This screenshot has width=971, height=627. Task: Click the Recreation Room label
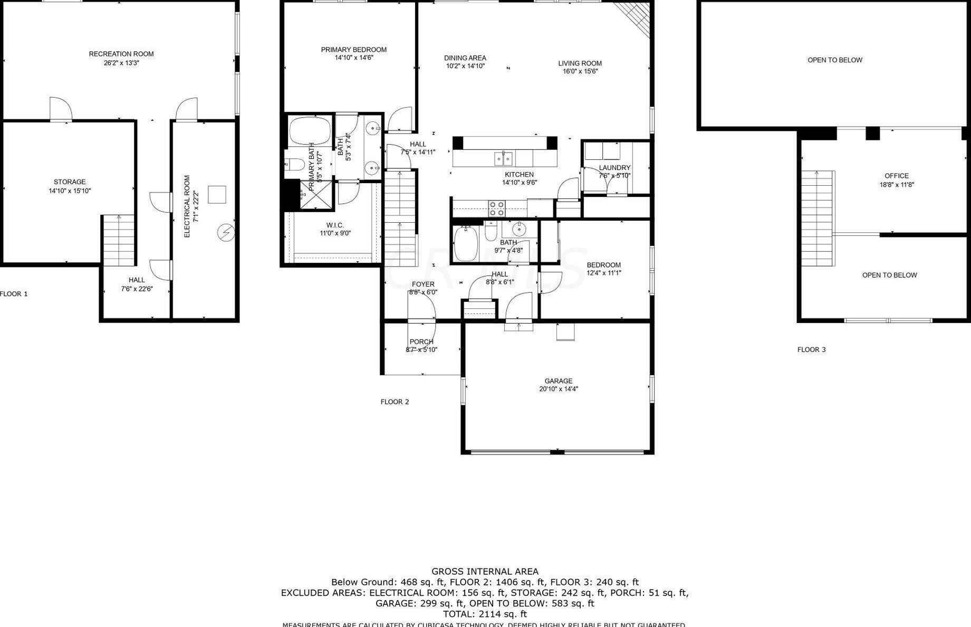(121, 54)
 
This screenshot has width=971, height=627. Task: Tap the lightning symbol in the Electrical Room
(226, 232)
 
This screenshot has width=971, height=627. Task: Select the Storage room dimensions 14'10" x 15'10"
(70, 191)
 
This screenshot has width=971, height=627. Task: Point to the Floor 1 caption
(14, 294)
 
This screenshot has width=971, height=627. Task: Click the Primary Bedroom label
(353, 50)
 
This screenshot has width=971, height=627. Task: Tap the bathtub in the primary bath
(310, 131)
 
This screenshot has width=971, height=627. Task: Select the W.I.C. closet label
(335, 225)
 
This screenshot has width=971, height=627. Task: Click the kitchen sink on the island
(503, 158)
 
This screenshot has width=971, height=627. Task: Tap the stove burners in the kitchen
(496, 208)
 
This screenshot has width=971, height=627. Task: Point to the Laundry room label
(614, 168)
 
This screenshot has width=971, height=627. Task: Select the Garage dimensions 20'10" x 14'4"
(558, 389)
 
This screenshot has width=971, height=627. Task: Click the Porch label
(421, 342)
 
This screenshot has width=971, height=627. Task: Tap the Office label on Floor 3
(896, 176)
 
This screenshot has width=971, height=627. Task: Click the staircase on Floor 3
(817, 219)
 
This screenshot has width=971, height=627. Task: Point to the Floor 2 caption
(395, 402)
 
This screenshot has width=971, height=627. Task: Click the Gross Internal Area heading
(485, 571)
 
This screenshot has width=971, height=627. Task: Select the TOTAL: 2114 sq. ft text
(485, 614)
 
